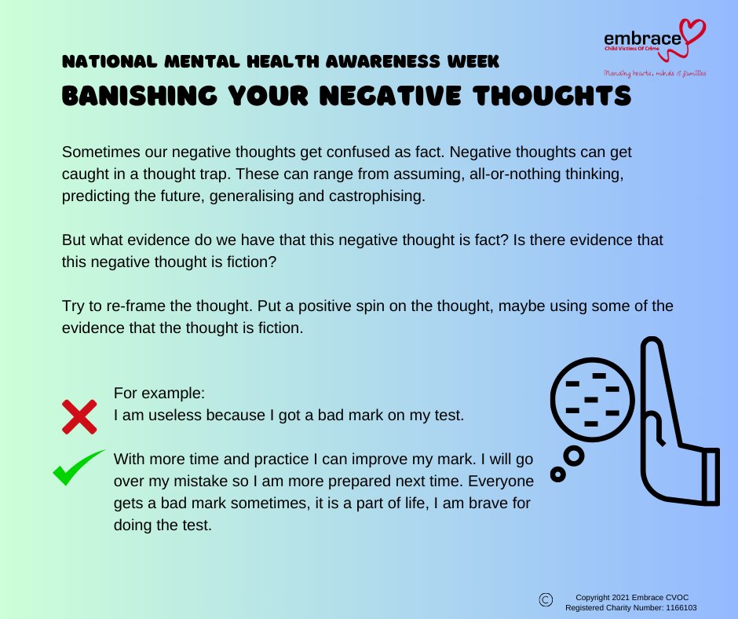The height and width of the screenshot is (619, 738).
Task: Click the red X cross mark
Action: click(x=79, y=416)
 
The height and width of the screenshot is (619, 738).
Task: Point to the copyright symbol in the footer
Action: click(x=546, y=599)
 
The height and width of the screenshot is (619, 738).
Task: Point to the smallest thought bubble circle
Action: click(x=557, y=474)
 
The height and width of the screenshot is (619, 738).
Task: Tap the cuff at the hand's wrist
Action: click(x=711, y=475)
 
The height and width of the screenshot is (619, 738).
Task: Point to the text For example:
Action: click(x=149, y=392)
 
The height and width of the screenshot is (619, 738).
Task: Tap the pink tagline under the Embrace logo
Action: click(x=654, y=73)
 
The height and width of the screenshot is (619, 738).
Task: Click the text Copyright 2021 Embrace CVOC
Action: click(x=633, y=597)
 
